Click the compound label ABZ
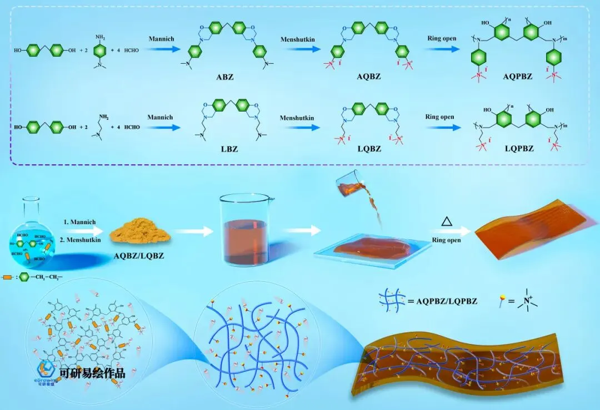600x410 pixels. click(x=225, y=77)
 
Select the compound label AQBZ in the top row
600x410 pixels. click(x=368, y=77)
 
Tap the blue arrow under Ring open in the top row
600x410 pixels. click(x=442, y=49)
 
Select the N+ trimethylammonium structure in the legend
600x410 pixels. click(x=522, y=300)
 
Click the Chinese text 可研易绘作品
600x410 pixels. click(x=93, y=373)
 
